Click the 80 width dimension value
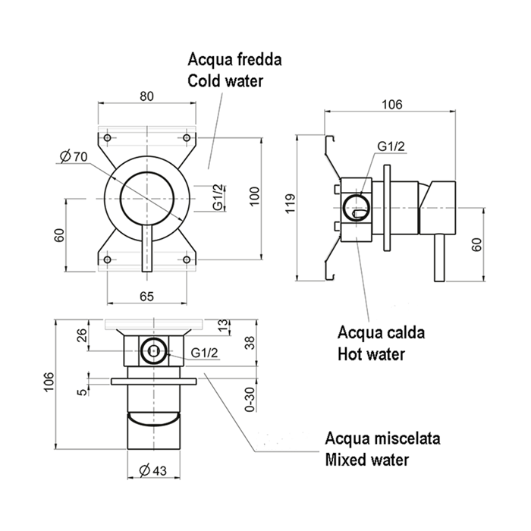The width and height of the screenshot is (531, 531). [x=147, y=96]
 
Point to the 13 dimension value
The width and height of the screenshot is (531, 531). [x=222, y=325]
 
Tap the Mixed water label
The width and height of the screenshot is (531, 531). [x=366, y=459]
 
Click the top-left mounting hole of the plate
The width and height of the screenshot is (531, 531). [x=108, y=138]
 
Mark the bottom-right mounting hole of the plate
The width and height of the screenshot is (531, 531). [x=187, y=260]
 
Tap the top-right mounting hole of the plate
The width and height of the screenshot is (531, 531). [x=187, y=138]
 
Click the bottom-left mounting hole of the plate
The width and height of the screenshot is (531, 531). [x=108, y=260]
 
